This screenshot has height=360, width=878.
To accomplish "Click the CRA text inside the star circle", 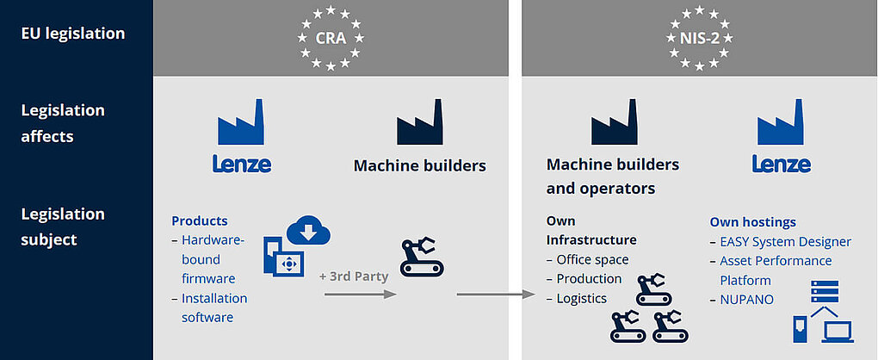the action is [x=331, y=38].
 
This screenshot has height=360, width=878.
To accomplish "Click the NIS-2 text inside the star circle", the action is [x=699, y=38].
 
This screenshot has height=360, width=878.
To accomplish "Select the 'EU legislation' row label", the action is [x=73, y=33].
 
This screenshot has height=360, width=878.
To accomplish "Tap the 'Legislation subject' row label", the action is [x=63, y=227].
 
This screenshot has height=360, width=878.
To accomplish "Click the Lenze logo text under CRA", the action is [x=241, y=164].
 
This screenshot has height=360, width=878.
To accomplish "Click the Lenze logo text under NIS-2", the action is [x=781, y=164].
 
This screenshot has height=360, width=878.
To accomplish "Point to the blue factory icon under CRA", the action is [x=241, y=122].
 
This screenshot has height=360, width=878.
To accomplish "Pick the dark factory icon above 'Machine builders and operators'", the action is [x=615, y=122].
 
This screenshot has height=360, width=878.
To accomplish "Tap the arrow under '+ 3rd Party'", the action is [x=361, y=294].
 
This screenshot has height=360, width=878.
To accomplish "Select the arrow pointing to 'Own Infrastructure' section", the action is [x=496, y=294].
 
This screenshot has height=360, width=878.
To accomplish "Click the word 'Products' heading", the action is [x=200, y=221].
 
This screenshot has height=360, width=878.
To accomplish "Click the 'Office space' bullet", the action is [x=592, y=260].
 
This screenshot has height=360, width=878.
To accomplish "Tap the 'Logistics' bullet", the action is [x=581, y=298].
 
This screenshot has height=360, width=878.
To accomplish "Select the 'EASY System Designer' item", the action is [x=786, y=242].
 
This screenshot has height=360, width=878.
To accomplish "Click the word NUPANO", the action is [x=747, y=300].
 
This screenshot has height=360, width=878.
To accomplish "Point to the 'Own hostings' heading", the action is [x=753, y=222].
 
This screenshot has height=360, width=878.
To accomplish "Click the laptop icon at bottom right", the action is [x=838, y=331].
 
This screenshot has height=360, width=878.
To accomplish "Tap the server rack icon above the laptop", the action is [x=825, y=292].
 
